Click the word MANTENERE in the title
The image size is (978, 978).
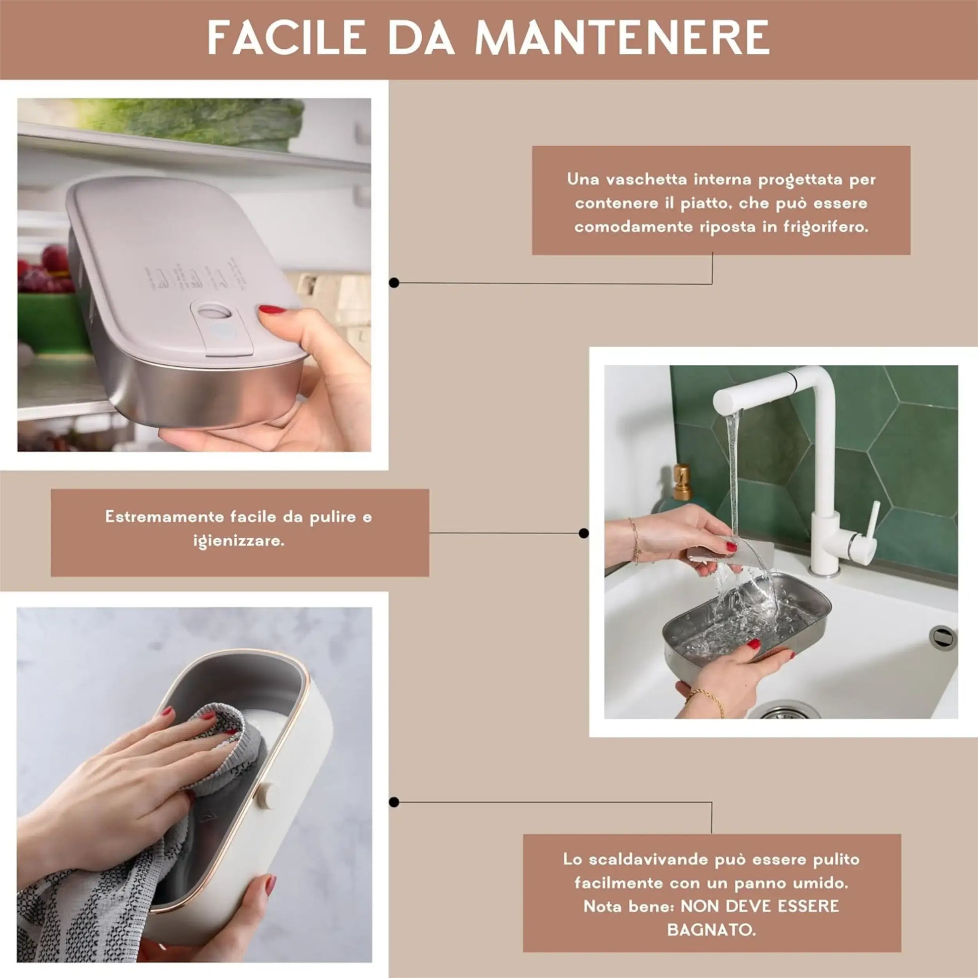(x=622, y=38)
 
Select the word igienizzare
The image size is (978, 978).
(x=239, y=541)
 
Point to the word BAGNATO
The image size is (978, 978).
(x=711, y=929)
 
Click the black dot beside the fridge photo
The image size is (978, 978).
(x=395, y=283)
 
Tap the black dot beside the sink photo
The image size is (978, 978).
(x=583, y=533)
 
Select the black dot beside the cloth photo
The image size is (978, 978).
(x=395, y=802)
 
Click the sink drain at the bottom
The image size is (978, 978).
(x=784, y=711)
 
